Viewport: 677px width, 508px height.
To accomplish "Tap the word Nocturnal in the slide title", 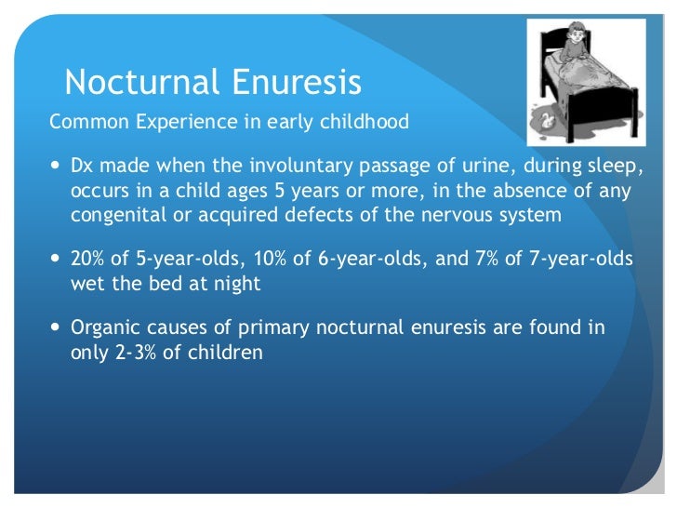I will (x=139, y=83).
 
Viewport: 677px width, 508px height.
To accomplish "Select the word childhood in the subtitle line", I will (x=364, y=122).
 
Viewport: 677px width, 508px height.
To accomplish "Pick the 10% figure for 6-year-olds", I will (x=270, y=260).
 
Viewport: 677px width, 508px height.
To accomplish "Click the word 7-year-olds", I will (x=577, y=260).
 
